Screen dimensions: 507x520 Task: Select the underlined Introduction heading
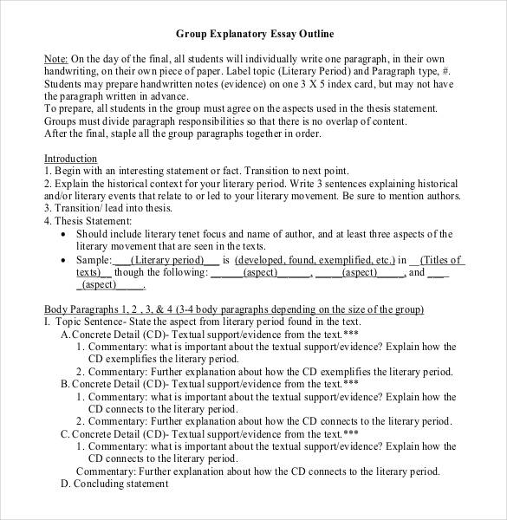point(70,159)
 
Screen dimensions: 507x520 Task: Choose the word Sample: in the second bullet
point(94,260)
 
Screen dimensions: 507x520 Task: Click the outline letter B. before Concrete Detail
point(65,383)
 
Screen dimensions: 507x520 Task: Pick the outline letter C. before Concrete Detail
point(65,433)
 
